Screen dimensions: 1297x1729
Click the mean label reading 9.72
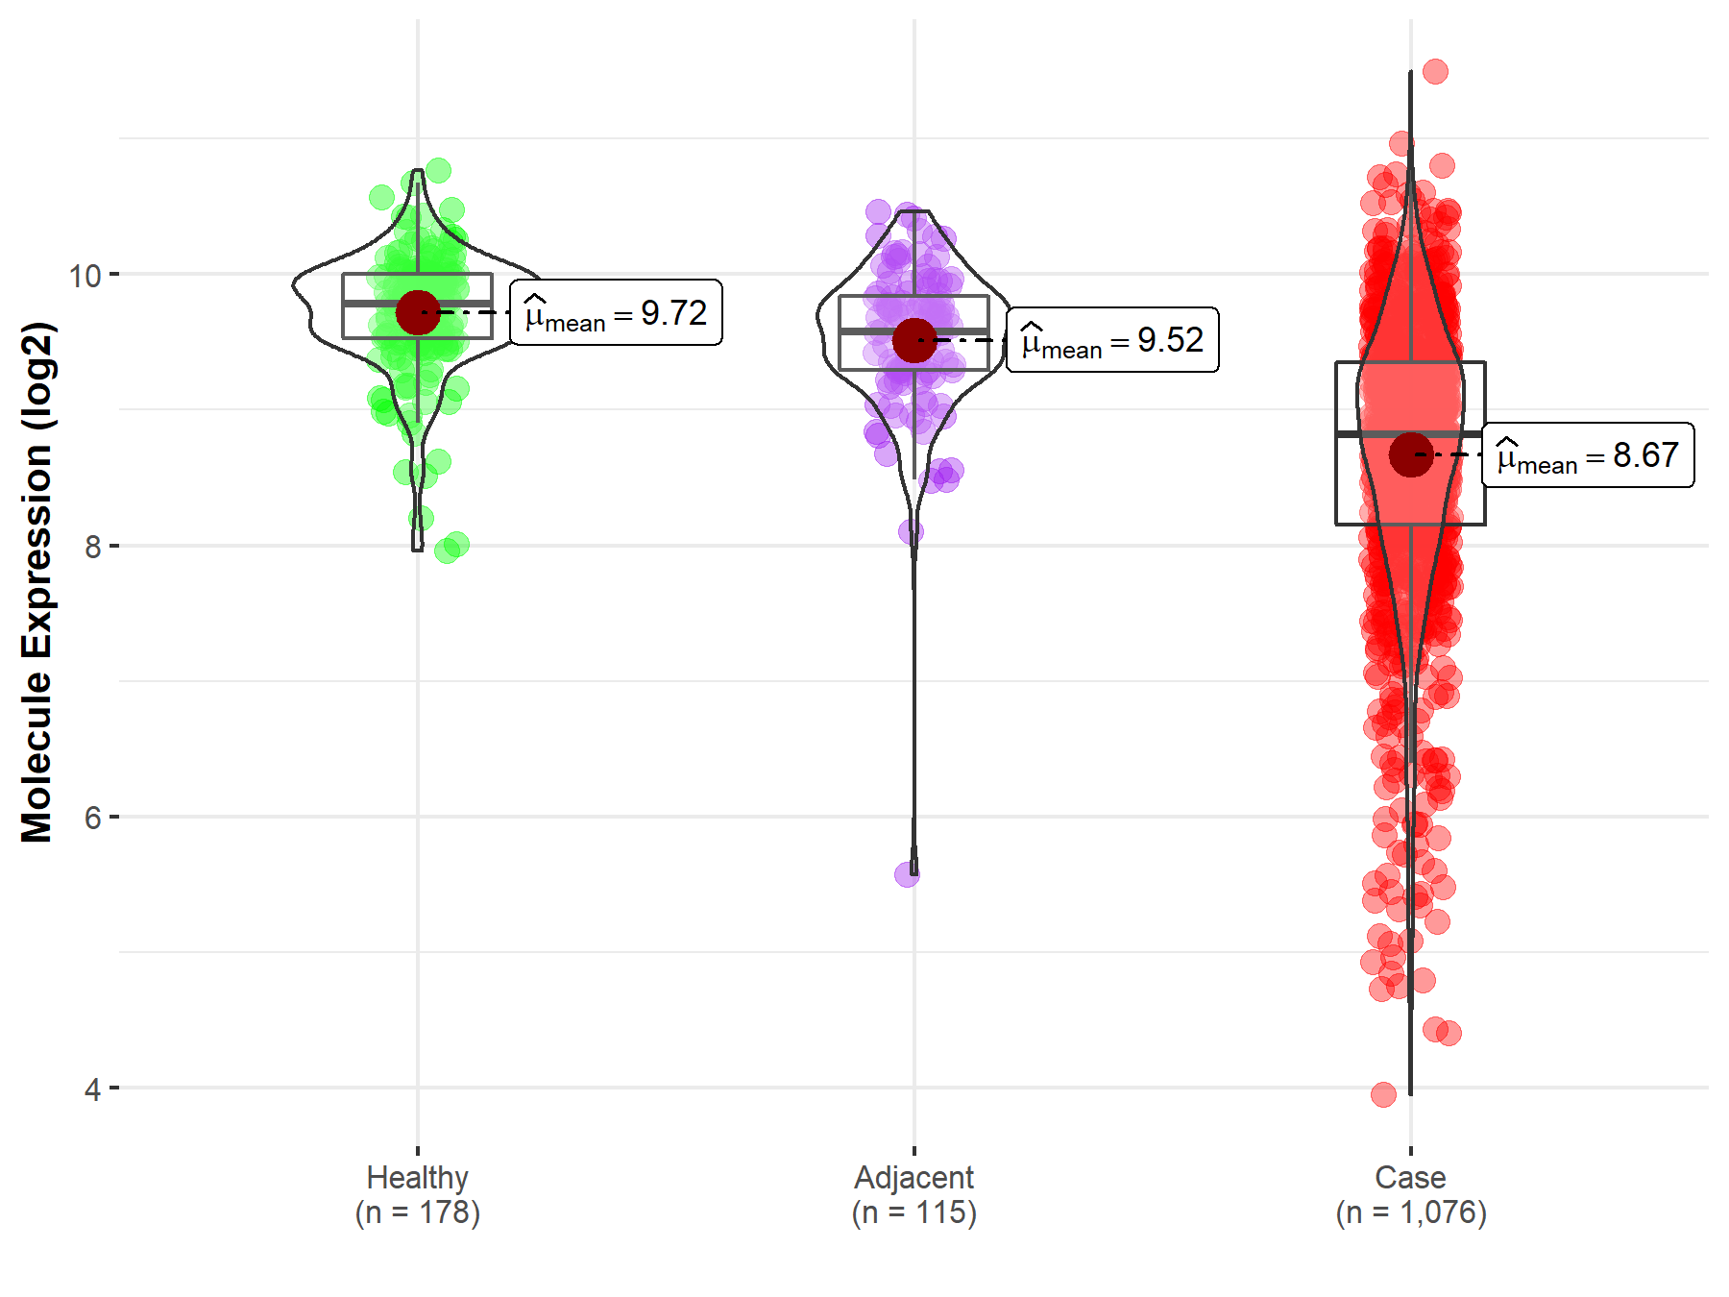tap(616, 312)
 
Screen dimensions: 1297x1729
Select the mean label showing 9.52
tap(1112, 340)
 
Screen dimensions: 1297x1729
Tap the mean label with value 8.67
tap(1588, 454)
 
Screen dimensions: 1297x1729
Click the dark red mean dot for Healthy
tap(418, 312)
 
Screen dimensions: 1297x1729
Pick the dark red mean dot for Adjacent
tap(914, 340)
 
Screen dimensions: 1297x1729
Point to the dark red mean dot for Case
tap(1410, 454)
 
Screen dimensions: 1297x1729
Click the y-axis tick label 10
tap(85, 276)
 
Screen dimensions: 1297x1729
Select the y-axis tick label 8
tap(92, 547)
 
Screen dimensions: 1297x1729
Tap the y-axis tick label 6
tap(92, 818)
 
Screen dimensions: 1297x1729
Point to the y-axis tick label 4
tap(92, 1089)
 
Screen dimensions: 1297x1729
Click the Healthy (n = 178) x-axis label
tap(418, 1194)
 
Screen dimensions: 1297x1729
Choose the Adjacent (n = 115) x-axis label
tap(914, 1194)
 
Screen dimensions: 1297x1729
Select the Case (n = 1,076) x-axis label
tap(1410, 1194)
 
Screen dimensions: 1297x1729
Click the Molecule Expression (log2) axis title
tap(37, 582)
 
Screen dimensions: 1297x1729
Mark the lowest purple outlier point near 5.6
tap(907, 874)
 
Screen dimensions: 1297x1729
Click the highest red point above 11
tap(1435, 71)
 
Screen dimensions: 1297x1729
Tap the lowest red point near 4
tap(1383, 1094)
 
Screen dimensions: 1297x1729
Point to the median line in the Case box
tap(1364, 434)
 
